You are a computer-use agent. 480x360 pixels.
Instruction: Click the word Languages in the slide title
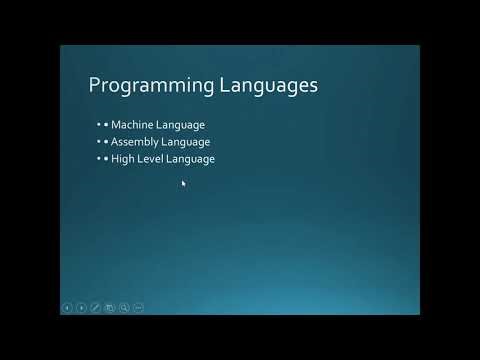click(263, 86)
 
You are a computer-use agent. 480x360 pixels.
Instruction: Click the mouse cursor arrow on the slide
click(183, 182)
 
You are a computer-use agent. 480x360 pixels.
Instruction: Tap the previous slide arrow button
click(67, 307)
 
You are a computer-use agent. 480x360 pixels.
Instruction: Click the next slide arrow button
click(81, 307)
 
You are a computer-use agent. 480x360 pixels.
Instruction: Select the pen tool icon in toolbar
click(96, 307)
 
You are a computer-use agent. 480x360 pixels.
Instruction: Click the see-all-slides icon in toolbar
click(110, 307)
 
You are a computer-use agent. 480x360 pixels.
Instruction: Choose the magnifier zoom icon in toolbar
click(124, 307)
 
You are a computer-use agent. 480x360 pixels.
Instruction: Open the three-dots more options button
click(138, 307)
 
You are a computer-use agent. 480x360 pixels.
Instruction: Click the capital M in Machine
click(115, 125)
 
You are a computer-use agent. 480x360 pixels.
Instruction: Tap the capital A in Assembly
click(114, 142)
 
